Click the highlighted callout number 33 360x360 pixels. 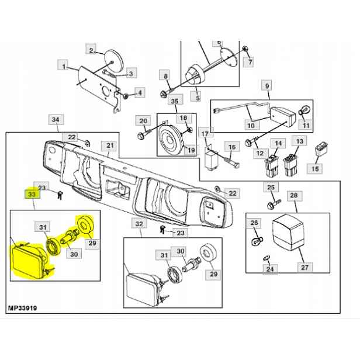(32, 194)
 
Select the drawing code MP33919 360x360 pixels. (22, 308)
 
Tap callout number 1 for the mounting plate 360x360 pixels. (64, 67)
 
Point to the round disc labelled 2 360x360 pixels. (113, 60)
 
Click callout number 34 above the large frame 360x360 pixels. (56, 119)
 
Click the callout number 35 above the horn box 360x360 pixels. (175, 101)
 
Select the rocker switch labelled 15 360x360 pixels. (321, 149)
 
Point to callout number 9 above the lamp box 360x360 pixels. (266, 86)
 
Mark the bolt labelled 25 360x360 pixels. (274, 204)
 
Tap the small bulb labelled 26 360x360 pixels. (257, 241)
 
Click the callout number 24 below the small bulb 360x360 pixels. (270, 269)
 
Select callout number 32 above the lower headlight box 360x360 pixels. (139, 224)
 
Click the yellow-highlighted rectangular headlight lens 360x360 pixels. (27, 261)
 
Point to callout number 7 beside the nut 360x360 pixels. (250, 61)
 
